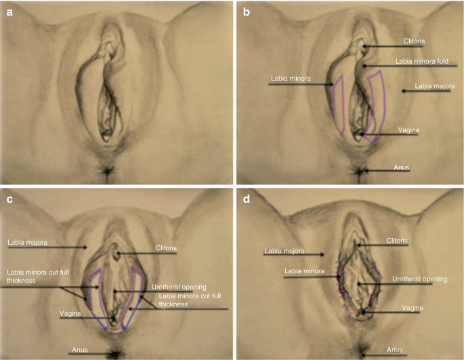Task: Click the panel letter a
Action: (x=11, y=12)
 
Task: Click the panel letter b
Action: (x=245, y=12)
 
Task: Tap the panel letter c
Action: (x=10, y=199)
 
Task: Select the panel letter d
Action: (x=245, y=199)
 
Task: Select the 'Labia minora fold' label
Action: (x=426, y=62)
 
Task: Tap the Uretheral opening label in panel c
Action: (x=181, y=287)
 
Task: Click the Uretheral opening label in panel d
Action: (x=415, y=278)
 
